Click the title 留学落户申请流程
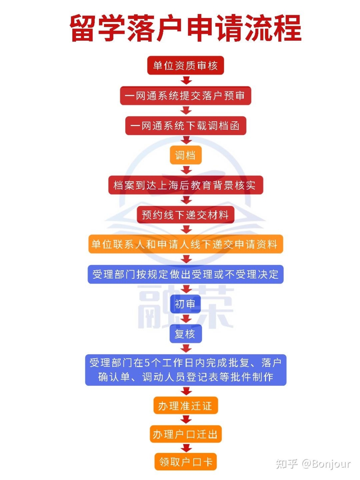(185, 28)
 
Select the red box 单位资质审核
(185, 66)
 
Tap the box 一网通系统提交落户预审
(185, 95)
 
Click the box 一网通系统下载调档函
(185, 126)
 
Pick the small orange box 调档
(185, 155)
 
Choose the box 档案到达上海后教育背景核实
(185, 185)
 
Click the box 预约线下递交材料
(185, 215)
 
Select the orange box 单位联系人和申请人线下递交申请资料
(185, 244)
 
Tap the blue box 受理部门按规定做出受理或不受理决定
(185, 274)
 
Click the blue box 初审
(185, 304)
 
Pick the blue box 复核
(185, 334)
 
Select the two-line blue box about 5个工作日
(185, 370)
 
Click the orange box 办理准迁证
(185, 406)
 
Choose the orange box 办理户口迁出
(185, 434)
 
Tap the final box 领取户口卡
(185, 462)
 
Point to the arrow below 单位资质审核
(186, 80)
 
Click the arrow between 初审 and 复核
(186, 319)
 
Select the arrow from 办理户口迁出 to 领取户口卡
(186, 448)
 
